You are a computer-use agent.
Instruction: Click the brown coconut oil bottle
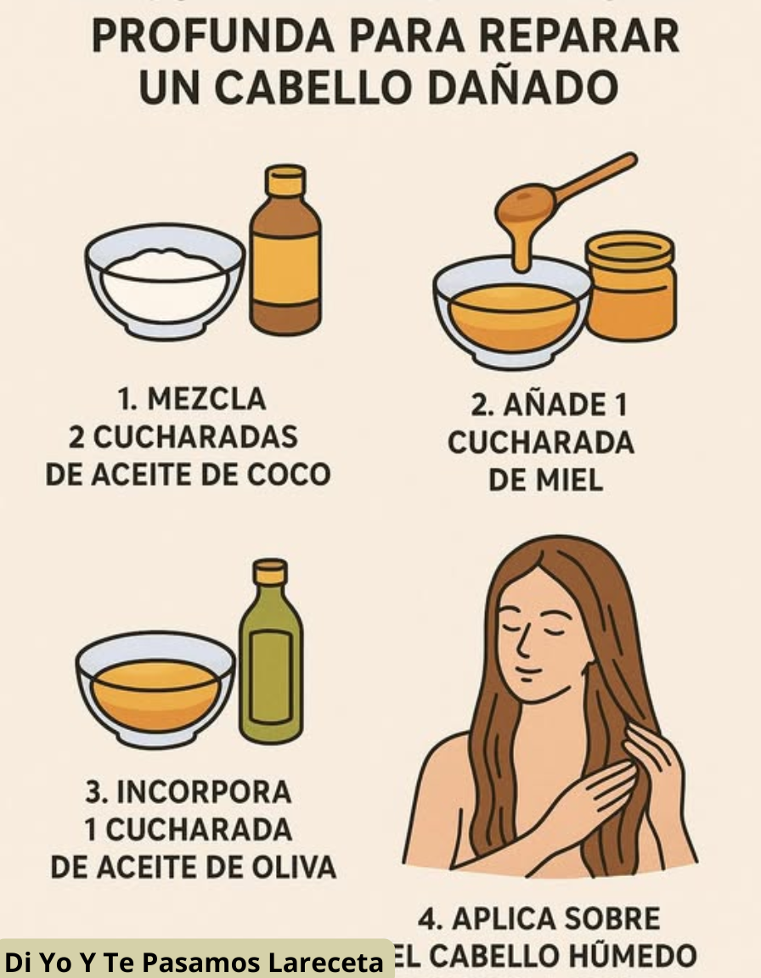[285, 255]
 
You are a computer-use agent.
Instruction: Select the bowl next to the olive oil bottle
[155, 688]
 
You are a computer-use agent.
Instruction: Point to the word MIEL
[569, 481]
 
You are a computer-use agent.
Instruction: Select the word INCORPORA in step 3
[202, 792]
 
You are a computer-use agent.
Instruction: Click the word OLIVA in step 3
[294, 868]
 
